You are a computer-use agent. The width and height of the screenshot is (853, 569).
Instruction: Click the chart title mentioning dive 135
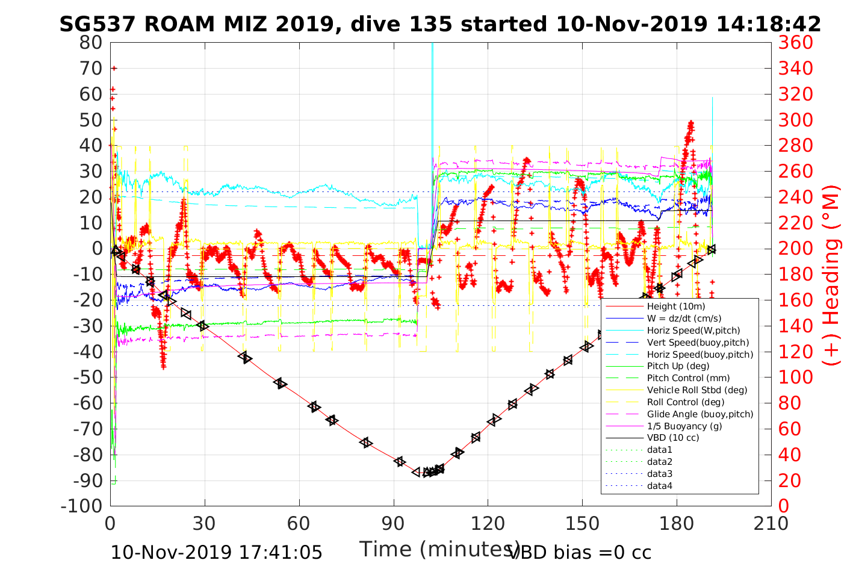[x=440, y=24]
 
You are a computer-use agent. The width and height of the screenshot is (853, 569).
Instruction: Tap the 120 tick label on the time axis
[x=488, y=523]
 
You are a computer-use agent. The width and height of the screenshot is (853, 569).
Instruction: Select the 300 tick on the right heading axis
[x=795, y=120]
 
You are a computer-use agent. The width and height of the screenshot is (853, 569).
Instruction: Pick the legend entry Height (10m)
[x=676, y=306]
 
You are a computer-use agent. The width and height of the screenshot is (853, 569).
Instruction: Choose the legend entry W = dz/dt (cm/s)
[x=684, y=319]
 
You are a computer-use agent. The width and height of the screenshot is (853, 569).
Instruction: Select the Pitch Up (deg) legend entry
[x=678, y=366]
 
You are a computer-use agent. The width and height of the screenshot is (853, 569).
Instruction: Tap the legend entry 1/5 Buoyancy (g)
[x=684, y=426]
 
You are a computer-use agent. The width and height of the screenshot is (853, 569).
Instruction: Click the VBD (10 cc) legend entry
[x=673, y=438]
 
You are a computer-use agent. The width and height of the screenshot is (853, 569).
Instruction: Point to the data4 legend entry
[x=659, y=485]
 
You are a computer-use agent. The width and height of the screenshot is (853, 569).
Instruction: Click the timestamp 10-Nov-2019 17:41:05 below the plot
[x=217, y=552]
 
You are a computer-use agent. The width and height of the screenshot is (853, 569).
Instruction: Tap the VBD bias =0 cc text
[x=580, y=552]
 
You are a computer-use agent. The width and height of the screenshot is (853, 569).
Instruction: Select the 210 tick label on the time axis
[x=771, y=523]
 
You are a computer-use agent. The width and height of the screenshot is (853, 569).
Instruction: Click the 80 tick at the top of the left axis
[x=92, y=43]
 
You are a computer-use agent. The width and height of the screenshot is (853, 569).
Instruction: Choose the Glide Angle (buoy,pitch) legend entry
[x=700, y=414]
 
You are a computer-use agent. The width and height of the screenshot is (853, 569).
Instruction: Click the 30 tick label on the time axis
[x=205, y=523]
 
